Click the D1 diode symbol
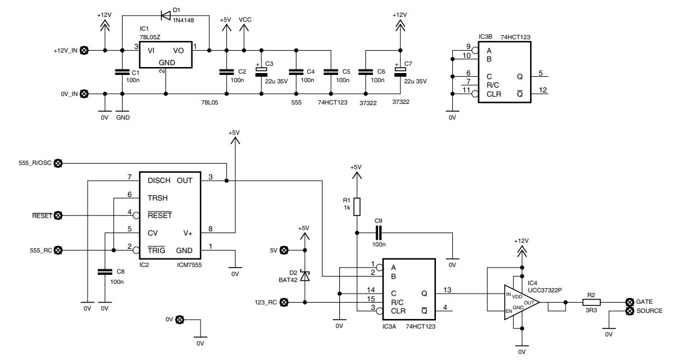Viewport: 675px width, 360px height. pos(166,16)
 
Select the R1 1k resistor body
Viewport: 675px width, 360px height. pos(357,207)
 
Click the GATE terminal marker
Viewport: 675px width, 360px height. pos(629,302)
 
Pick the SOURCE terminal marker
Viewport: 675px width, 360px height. pos(629,310)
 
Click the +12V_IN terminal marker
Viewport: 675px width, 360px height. pos(85,50)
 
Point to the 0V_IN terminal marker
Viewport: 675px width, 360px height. pos(85,94)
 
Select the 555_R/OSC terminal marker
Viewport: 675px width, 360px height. pos(58,163)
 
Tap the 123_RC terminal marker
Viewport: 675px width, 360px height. pos(284,302)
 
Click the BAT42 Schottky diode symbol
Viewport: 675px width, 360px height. pos(305,276)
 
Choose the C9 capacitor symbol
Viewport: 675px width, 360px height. pos(379,233)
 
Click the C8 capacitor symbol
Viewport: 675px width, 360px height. pos(104,272)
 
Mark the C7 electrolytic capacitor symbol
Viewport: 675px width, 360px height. pos(400,71)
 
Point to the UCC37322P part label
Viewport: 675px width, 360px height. pos(545,291)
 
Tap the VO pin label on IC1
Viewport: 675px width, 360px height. pos(178,51)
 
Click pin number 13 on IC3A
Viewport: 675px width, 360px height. pos(447,290)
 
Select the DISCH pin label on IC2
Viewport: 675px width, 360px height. pos(159,181)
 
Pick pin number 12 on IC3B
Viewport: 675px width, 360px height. pos(543,90)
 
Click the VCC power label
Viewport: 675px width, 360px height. pos(245,20)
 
